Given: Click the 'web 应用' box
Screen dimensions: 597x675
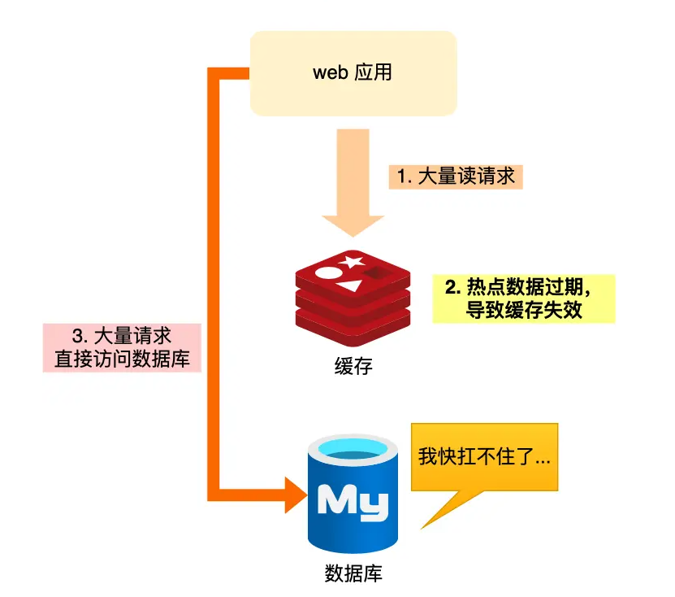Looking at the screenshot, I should coord(353,72).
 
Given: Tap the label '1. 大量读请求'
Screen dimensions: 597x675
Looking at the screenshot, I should coord(455,176).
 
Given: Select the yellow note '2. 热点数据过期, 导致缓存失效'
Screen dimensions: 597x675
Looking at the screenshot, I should coord(523,298).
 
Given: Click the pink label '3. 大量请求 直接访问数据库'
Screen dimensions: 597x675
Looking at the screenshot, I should coord(121,347).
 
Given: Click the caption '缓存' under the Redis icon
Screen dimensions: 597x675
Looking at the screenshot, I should coord(353,365).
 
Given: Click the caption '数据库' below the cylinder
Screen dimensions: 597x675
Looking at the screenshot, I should coord(353,573).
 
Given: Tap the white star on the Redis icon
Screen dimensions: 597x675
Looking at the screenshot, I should coord(352,262).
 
